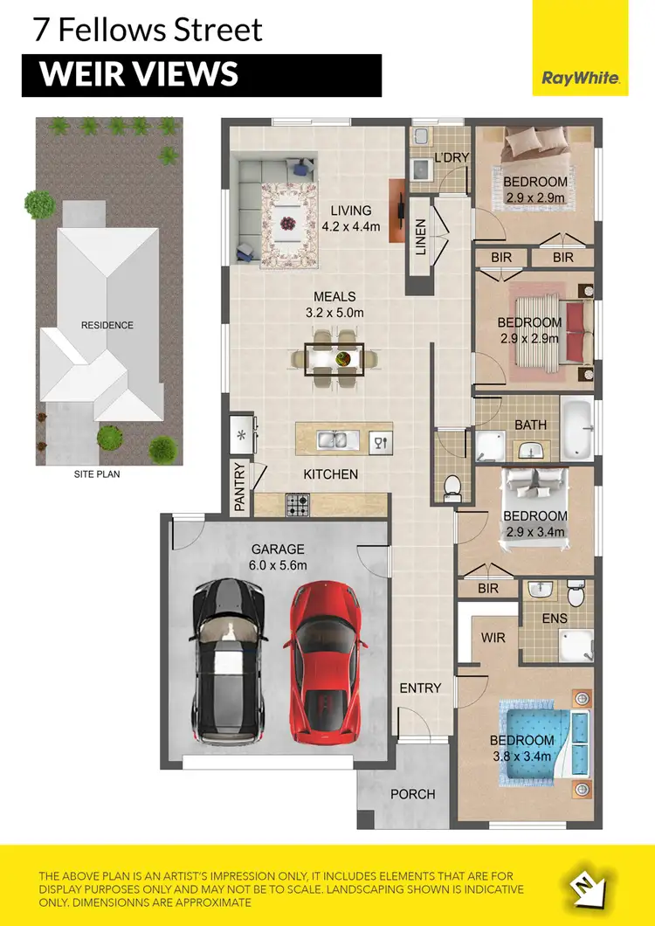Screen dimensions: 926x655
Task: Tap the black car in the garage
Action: pyautogui.click(x=228, y=661)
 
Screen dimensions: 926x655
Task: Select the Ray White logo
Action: pyautogui.click(x=581, y=78)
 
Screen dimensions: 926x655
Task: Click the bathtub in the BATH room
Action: pyautogui.click(x=576, y=427)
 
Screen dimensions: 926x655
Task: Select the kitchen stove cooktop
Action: pyautogui.click(x=299, y=504)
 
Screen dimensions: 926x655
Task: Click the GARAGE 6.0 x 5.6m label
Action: pyautogui.click(x=278, y=556)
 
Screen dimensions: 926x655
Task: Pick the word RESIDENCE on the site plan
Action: pyautogui.click(x=107, y=325)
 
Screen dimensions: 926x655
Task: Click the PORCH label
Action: pyautogui.click(x=412, y=794)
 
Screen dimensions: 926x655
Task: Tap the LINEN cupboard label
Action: pyautogui.click(x=420, y=236)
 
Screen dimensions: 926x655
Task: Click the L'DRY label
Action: pyautogui.click(x=452, y=157)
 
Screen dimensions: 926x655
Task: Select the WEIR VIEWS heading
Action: pyautogui.click(x=140, y=75)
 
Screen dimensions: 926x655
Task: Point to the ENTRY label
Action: pyautogui.click(x=420, y=688)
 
